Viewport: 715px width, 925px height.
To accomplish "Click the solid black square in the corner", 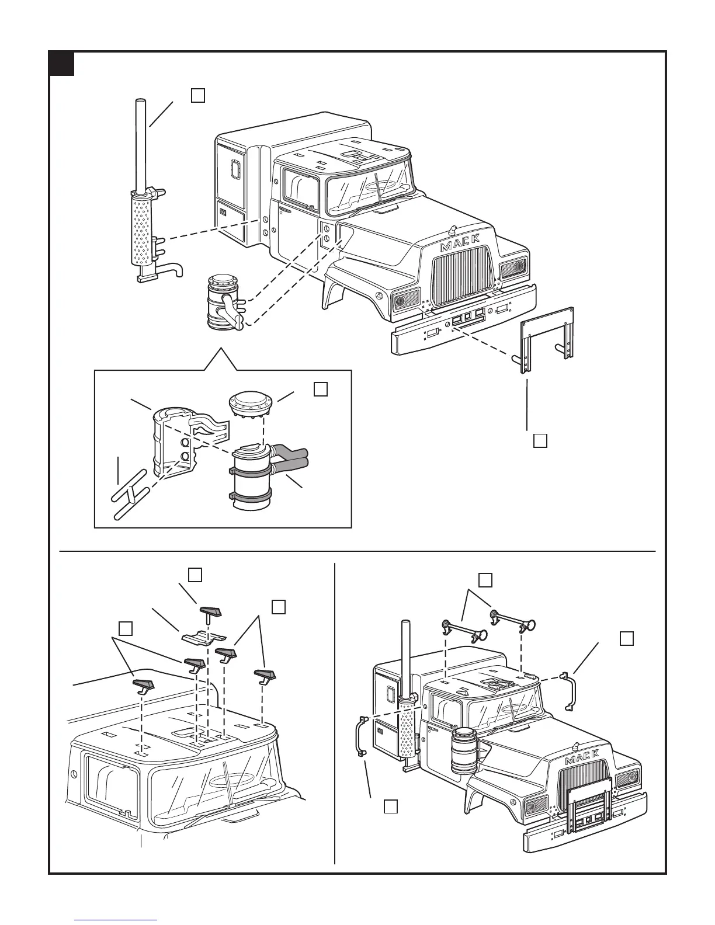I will pos(61,64).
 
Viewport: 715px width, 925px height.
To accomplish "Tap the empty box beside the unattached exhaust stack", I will pos(197,95).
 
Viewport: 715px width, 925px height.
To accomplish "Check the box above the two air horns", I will pos(485,580).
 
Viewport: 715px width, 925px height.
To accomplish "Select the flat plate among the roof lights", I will pos(202,637).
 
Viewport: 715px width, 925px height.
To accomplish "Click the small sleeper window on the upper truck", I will pos(237,170).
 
